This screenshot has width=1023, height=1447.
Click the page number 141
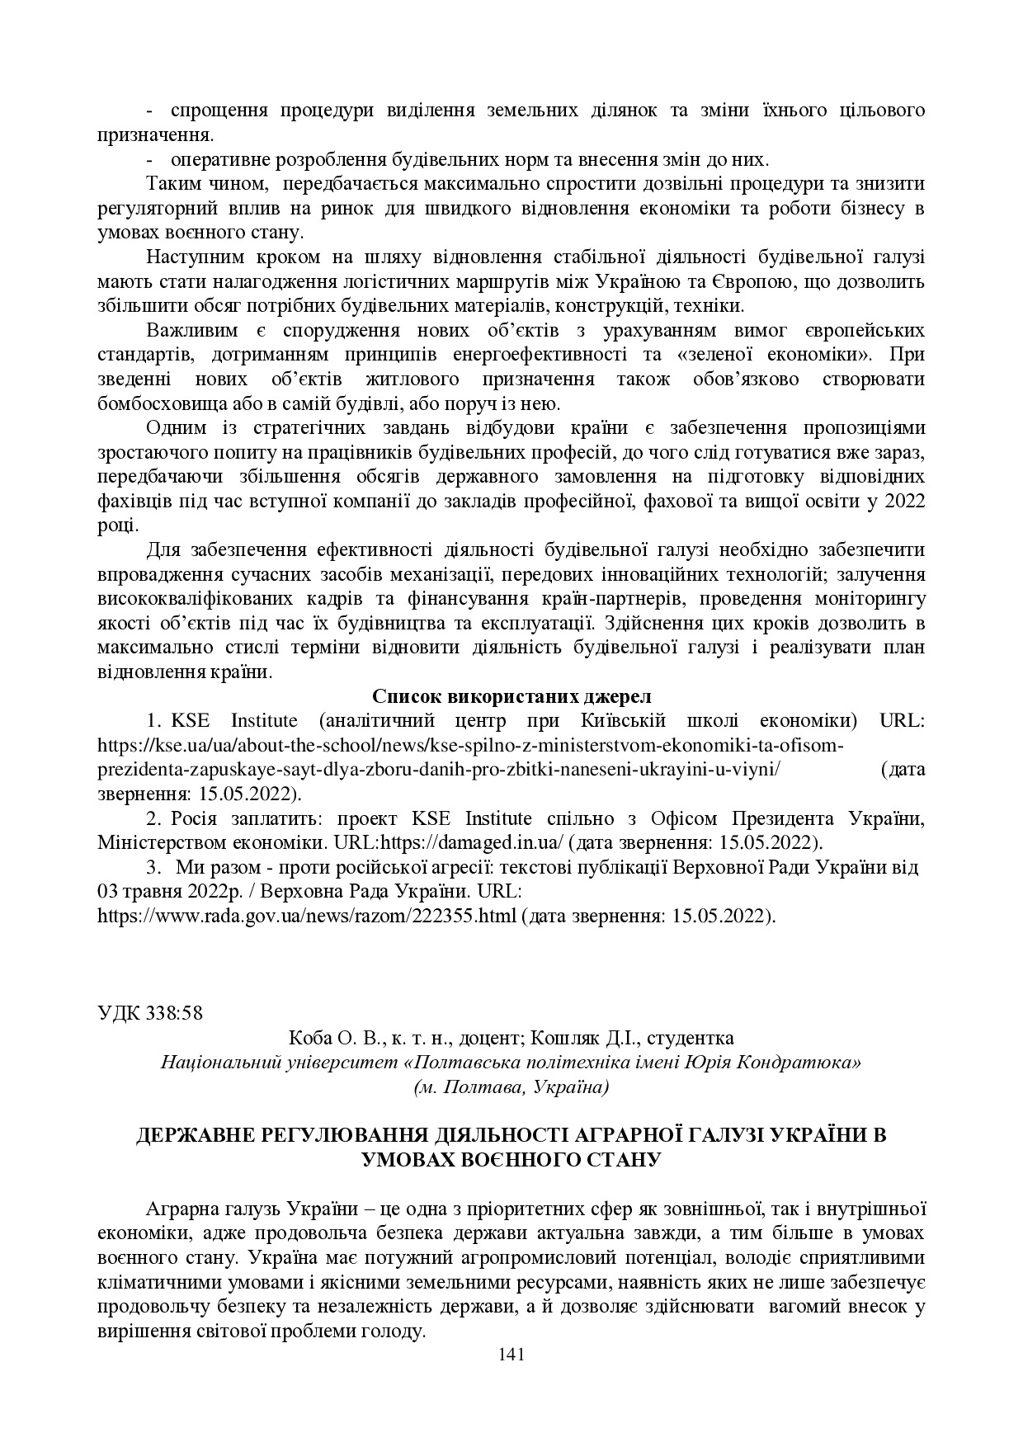pos(511,1354)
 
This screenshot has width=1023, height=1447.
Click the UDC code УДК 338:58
pos(149,1013)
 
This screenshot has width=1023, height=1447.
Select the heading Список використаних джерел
pos(511,695)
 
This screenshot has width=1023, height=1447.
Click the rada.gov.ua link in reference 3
pos(306,916)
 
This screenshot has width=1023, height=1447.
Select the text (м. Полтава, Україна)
pos(511,1086)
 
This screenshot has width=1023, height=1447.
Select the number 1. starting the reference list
pos(153,720)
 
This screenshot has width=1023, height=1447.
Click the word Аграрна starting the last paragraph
pos(181,1209)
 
